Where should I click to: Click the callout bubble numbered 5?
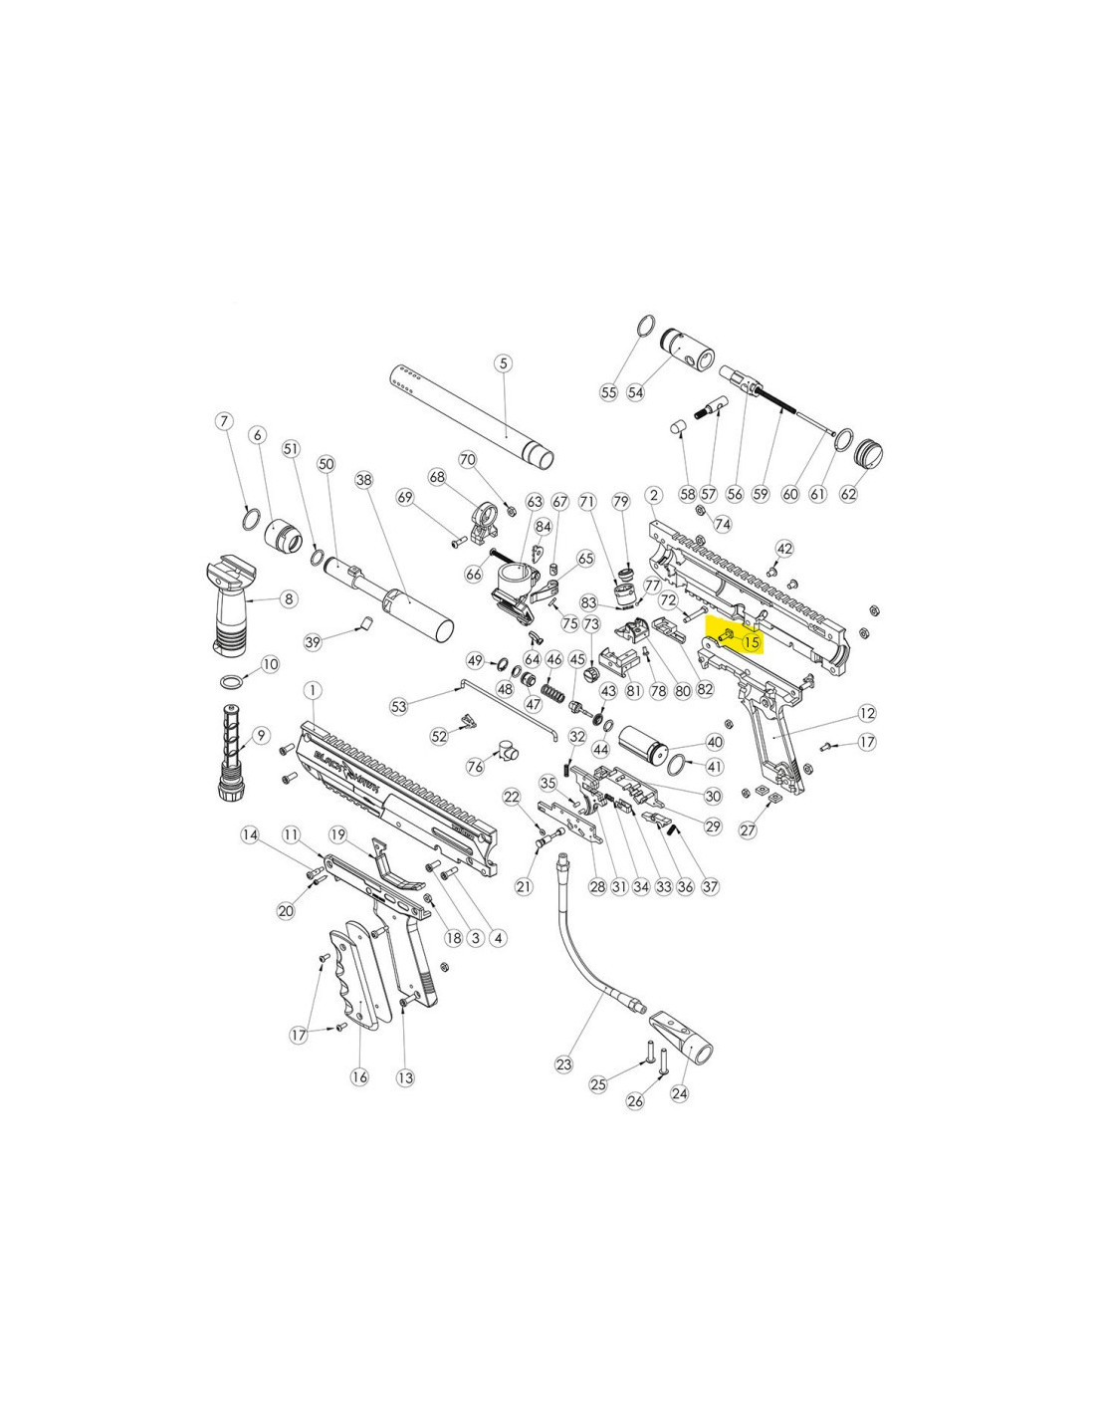503,362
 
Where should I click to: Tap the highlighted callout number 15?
752,642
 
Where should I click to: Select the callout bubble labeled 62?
847,494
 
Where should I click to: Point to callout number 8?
289,598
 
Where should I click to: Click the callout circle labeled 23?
563,1064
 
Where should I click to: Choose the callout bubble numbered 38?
364,481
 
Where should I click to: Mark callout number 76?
476,767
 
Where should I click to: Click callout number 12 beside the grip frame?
867,714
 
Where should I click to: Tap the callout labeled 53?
399,706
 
